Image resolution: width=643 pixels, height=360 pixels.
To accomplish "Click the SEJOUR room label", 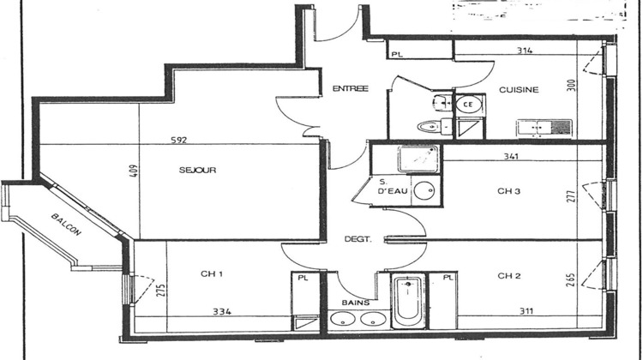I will pyautogui.click(x=197, y=170).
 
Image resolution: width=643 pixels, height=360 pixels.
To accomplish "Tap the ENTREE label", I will pyautogui.click(x=350, y=88).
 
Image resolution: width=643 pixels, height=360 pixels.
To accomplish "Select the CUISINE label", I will pyautogui.click(x=518, y=89).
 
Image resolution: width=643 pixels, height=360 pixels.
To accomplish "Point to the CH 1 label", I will pyautogui.click(x=212, y=274).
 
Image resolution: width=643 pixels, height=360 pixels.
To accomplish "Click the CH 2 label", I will pyautogui.click(x=508, y=276).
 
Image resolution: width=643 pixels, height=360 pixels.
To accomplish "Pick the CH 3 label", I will pyautogui.click(x=508, y=191).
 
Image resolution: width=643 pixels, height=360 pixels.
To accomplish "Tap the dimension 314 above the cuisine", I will pyautogui.click(x=525, y=51).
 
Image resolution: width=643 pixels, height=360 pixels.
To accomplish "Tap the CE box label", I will pyautogui.click(x=468, y=105).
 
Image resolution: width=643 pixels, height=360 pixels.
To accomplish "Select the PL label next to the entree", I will pyautogui.click(x=396, y=54).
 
